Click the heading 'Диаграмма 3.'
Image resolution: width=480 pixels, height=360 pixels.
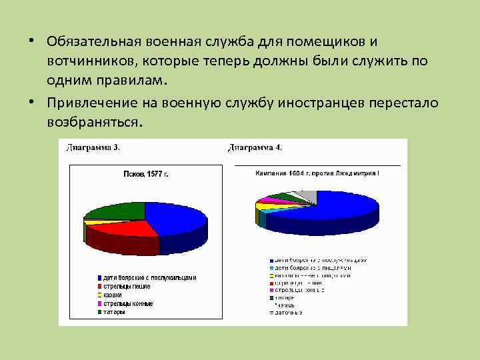(93, 147)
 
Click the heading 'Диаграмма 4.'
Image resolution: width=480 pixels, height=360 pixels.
(255, 147)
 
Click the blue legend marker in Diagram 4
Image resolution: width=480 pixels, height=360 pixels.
(271, 260)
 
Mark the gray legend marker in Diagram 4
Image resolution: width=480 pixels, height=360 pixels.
(271, 312)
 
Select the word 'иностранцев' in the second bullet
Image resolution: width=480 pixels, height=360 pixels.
(326, 103)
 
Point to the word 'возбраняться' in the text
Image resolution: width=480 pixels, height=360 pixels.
(93, 123)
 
